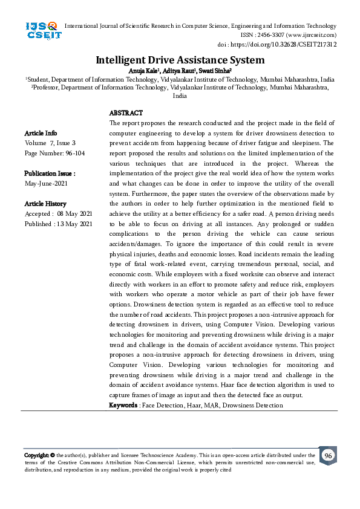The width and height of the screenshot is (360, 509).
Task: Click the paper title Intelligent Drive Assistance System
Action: click(x=180, y=60)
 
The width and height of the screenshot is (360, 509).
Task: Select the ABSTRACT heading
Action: click(x=126, y=113)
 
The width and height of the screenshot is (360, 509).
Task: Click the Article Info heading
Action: click(x=41, y=133)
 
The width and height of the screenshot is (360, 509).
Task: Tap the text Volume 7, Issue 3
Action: click(x=50, y=143)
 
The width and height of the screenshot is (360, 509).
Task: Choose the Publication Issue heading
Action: click(x=49, y=173)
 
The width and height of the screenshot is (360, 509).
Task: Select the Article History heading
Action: click(x=45, y=204)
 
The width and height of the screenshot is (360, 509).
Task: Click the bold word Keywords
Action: click(x=123, y=404)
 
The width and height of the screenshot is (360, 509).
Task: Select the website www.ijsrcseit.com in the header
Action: click(x=309, y=35)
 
